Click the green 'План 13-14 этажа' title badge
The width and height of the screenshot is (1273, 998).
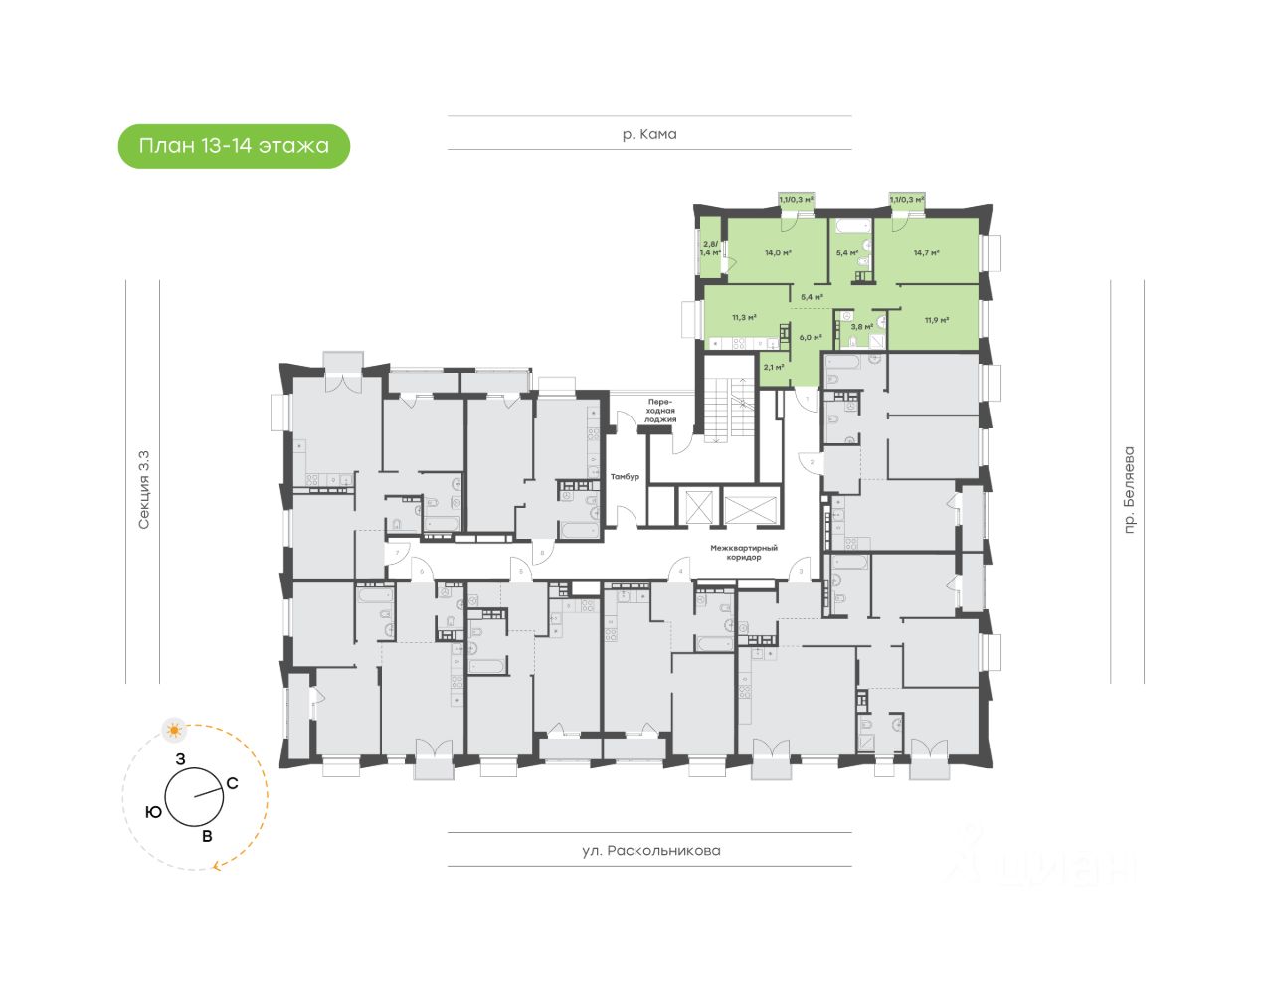(234, 146)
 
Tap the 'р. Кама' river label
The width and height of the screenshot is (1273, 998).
(649, 134)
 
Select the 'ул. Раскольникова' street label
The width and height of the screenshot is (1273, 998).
(650, 851)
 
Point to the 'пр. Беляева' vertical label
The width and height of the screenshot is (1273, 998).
(1128, 490)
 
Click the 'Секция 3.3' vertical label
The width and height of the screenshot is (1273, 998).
(144, 489)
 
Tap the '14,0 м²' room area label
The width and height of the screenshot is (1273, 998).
(778, 252)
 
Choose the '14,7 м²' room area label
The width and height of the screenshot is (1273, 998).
(927, 252)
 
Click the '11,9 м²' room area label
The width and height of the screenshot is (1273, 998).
(936, 320)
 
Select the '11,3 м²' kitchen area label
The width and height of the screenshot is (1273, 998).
(744, 318)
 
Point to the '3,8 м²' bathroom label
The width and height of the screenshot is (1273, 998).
(861, 326)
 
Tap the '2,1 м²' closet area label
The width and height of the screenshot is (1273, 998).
(773, 367)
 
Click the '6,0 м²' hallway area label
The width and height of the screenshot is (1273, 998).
(811, 337)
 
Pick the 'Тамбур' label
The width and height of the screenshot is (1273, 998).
(625, 477)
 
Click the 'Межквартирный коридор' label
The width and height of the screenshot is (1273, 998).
(744, 553)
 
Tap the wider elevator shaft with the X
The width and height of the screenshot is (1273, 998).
(753, 507)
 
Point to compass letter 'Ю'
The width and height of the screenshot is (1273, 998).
(153, 812)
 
